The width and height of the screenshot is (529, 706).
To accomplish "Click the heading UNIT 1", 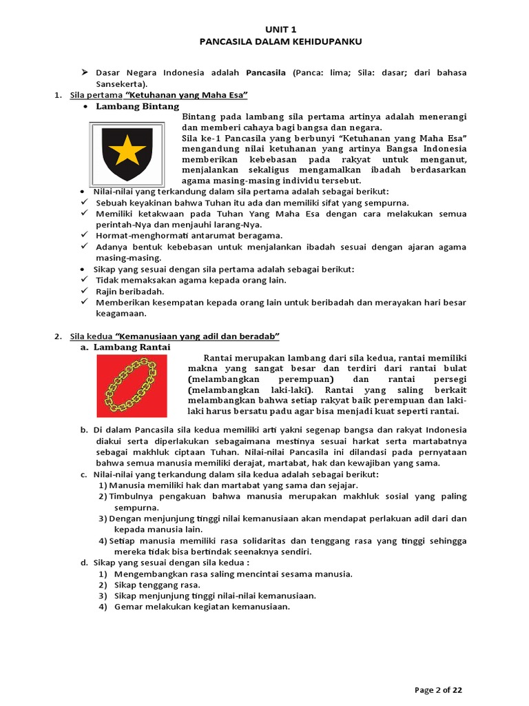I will point(280,30).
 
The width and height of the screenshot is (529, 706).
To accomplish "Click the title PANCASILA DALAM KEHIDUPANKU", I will point(280,41).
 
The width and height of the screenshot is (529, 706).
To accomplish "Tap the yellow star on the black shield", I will point(127,150).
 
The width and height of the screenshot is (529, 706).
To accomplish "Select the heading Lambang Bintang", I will point(137,107).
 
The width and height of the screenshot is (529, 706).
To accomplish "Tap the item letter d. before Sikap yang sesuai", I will point(84,563).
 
